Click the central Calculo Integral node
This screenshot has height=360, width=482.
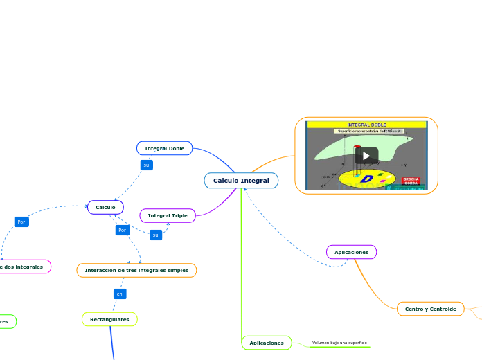(x=241, y=181)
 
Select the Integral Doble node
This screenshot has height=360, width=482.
(x=164, y=148)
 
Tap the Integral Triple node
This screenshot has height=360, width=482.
(x=168, y=216)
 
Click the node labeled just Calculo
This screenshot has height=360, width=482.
(x=105, y=207)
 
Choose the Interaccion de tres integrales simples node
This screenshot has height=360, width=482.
(x=136, y=270)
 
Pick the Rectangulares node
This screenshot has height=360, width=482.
(x=109, y=319)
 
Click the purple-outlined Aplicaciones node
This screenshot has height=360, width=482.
(x=351, y=252)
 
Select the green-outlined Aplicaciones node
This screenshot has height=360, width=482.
(x=267, y=343)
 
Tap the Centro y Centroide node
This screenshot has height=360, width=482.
(x=430, y=309)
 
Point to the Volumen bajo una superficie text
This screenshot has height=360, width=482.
(x=339, y=343)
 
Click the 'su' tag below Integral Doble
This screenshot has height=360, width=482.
(x=146, y=165)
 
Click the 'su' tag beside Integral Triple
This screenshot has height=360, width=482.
(x=155, y=235)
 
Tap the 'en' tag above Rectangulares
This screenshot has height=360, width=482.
(x=119, y=294)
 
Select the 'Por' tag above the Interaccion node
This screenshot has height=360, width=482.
(x=123, y=230)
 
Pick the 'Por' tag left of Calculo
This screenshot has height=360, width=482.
(x=21, y=222)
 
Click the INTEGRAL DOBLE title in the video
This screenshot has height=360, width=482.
(x=366, y=125)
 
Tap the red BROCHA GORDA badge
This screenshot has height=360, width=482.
(x=411, y=181)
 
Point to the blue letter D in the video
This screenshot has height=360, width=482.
(x=366, y=179)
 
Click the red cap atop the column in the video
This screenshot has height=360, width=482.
(x=357, y=147)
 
